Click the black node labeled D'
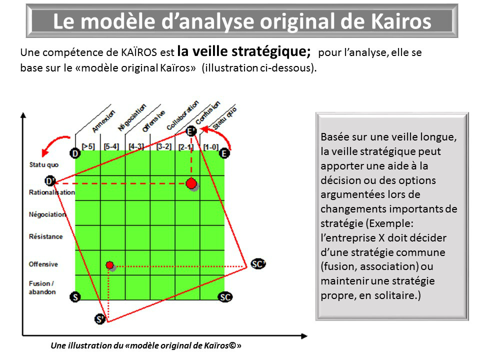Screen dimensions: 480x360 50,181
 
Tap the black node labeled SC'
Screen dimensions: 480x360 258,263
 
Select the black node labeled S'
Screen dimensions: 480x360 100,319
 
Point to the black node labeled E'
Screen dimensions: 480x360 191,131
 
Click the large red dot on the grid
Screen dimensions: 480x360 191,183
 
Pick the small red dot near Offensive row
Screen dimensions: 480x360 109,265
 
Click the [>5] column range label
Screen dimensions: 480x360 88,146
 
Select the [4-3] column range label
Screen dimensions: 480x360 136,146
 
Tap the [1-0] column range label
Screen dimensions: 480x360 211,147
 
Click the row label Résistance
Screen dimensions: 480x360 46,236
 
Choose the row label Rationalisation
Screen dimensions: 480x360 51,192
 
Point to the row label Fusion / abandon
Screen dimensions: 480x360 42,287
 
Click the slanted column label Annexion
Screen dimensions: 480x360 103,121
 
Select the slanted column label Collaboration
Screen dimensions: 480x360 182,115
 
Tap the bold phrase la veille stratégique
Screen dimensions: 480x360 244,51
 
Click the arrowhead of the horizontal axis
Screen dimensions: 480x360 304,336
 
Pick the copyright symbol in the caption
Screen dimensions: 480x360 232,345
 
